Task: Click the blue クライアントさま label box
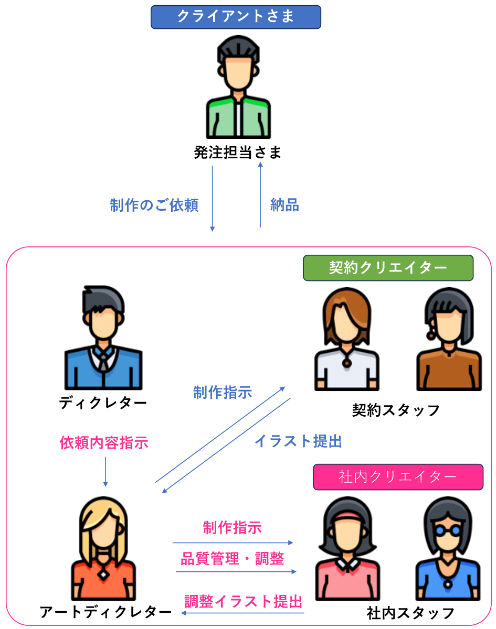(x=236, y=17)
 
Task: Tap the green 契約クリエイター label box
(x=388, y=268)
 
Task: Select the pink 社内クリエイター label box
(x=397, y=477)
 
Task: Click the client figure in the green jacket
(x=239, y=89)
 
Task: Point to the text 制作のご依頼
(x=154, y=205)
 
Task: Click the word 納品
(x=284, y=205)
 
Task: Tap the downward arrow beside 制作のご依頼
(x=212, y=199)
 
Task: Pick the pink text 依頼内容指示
(x=104, y=443)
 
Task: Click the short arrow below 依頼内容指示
(x=105, y=472)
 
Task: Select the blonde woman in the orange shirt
(x=103, y=550)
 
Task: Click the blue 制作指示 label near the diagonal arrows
(x=223, y=392)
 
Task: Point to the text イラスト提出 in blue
(x=298, y=441)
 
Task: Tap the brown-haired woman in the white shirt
(x=346, y=341)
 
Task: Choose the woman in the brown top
(x=449, y=341)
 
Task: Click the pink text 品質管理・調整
(x=233, y=559)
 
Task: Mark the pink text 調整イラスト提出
(x=244, y=601)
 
